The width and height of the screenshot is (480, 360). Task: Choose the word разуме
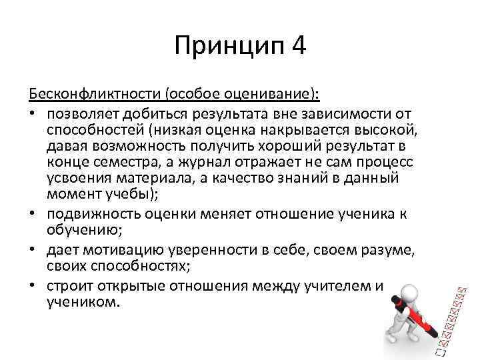click(366, 249)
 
